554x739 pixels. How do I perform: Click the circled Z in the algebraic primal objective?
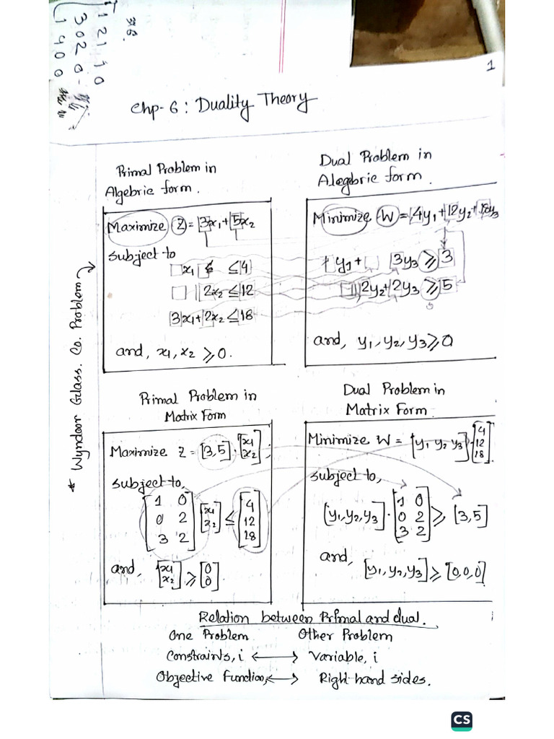(x=178, y=226)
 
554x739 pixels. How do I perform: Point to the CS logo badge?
(x=462, y=720)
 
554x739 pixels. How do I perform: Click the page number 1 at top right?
(x=490, y=67)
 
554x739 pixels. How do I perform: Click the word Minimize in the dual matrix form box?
(x=338, y=440)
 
